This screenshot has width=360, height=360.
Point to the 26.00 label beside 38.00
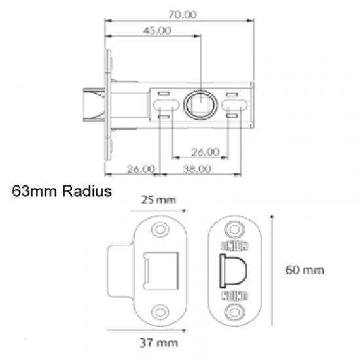pyautogui.click(x=139, y=168)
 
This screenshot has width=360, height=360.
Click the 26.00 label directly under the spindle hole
pyautogui.click(x=204, y=152)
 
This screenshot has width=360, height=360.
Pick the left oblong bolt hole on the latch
pyautogui.click(x=166, y=105)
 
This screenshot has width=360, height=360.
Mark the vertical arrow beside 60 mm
pyautogui.click(x=272, y=268)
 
